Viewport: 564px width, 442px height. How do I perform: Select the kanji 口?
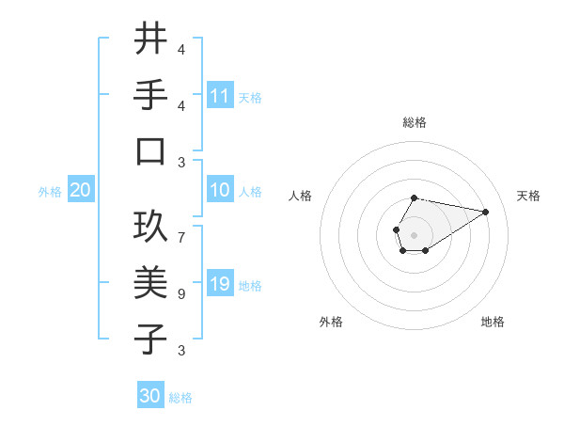coord(150,151)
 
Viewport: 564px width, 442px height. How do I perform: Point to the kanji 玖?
coord(150,227)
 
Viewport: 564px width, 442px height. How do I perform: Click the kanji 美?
coord(150,283)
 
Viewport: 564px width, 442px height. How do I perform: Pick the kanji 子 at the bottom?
coord(150,339)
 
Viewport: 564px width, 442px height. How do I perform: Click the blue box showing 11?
coord(220,95)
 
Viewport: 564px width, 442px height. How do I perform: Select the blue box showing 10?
coord(220,190)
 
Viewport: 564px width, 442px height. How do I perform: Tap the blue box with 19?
coord(220,284)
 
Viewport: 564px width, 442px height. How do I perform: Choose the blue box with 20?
coord(81,190)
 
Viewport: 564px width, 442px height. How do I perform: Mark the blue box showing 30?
coord(150,396)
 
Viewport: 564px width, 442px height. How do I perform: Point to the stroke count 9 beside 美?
coord(181,293)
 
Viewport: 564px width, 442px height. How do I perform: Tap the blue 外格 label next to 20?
coord(50,191)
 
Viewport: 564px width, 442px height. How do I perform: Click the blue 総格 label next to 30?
coord(180,398)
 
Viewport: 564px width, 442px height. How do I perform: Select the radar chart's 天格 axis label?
coord(528,196)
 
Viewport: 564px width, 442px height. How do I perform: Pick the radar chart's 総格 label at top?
coord(414,122)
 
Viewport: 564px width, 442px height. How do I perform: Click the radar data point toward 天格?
coord(485,212)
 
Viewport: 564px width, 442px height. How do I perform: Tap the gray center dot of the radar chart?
coord(414,233)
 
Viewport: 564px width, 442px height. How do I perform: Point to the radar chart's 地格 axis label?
coord(493,322)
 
